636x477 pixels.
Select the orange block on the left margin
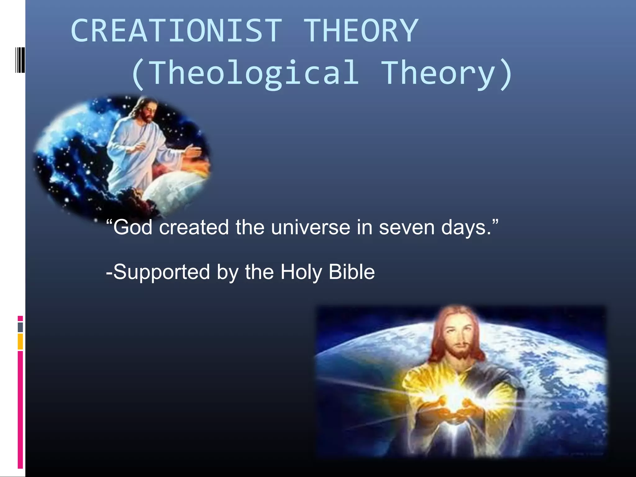coord(20,342)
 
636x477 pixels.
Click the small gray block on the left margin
coord(20,327)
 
